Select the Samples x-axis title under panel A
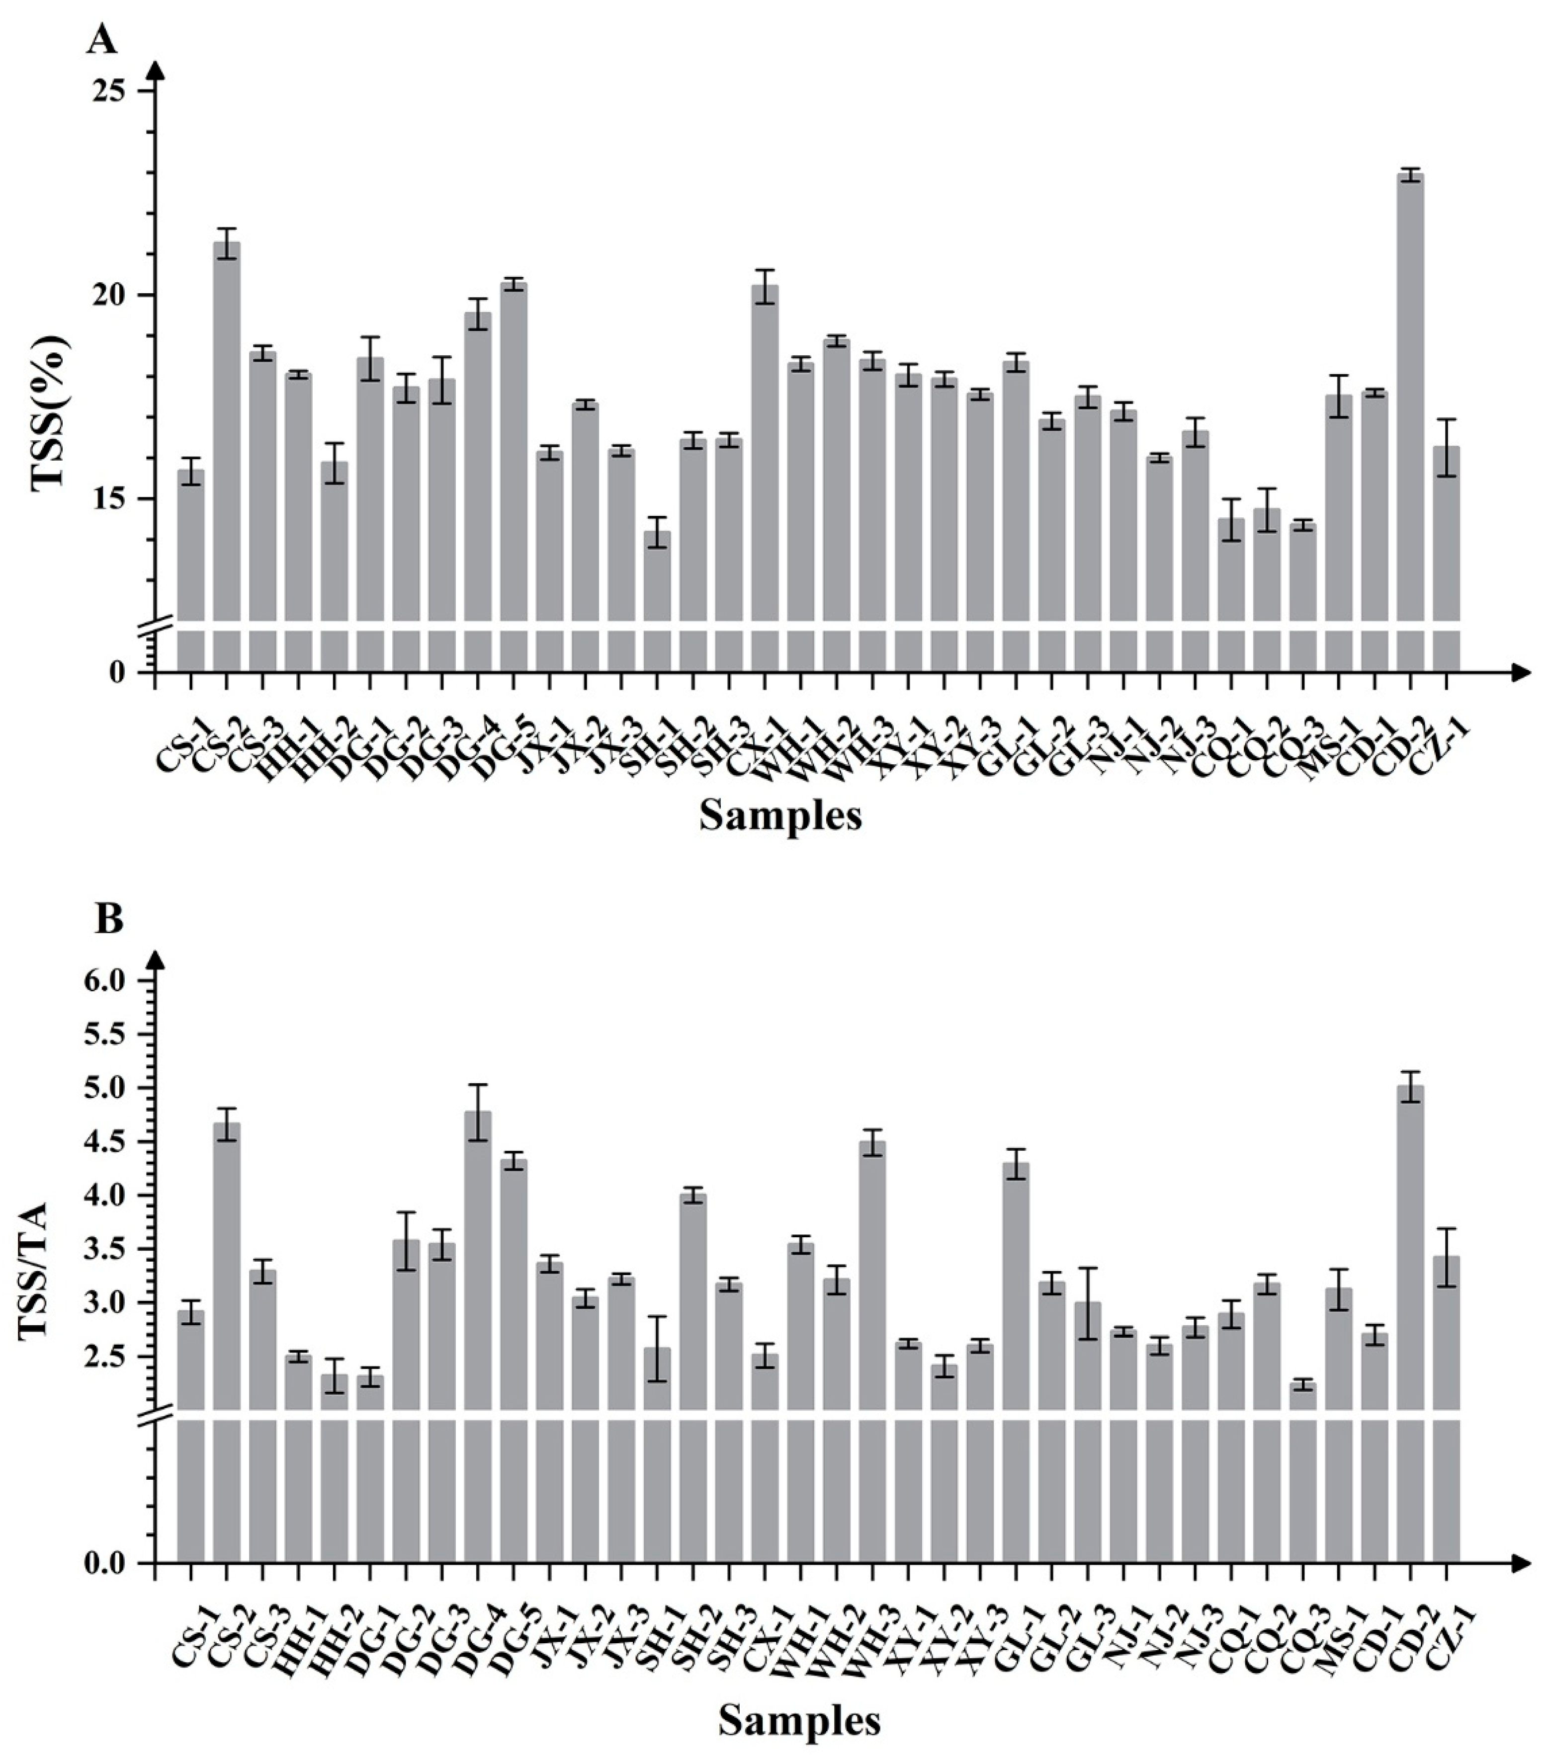[780, 814]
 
